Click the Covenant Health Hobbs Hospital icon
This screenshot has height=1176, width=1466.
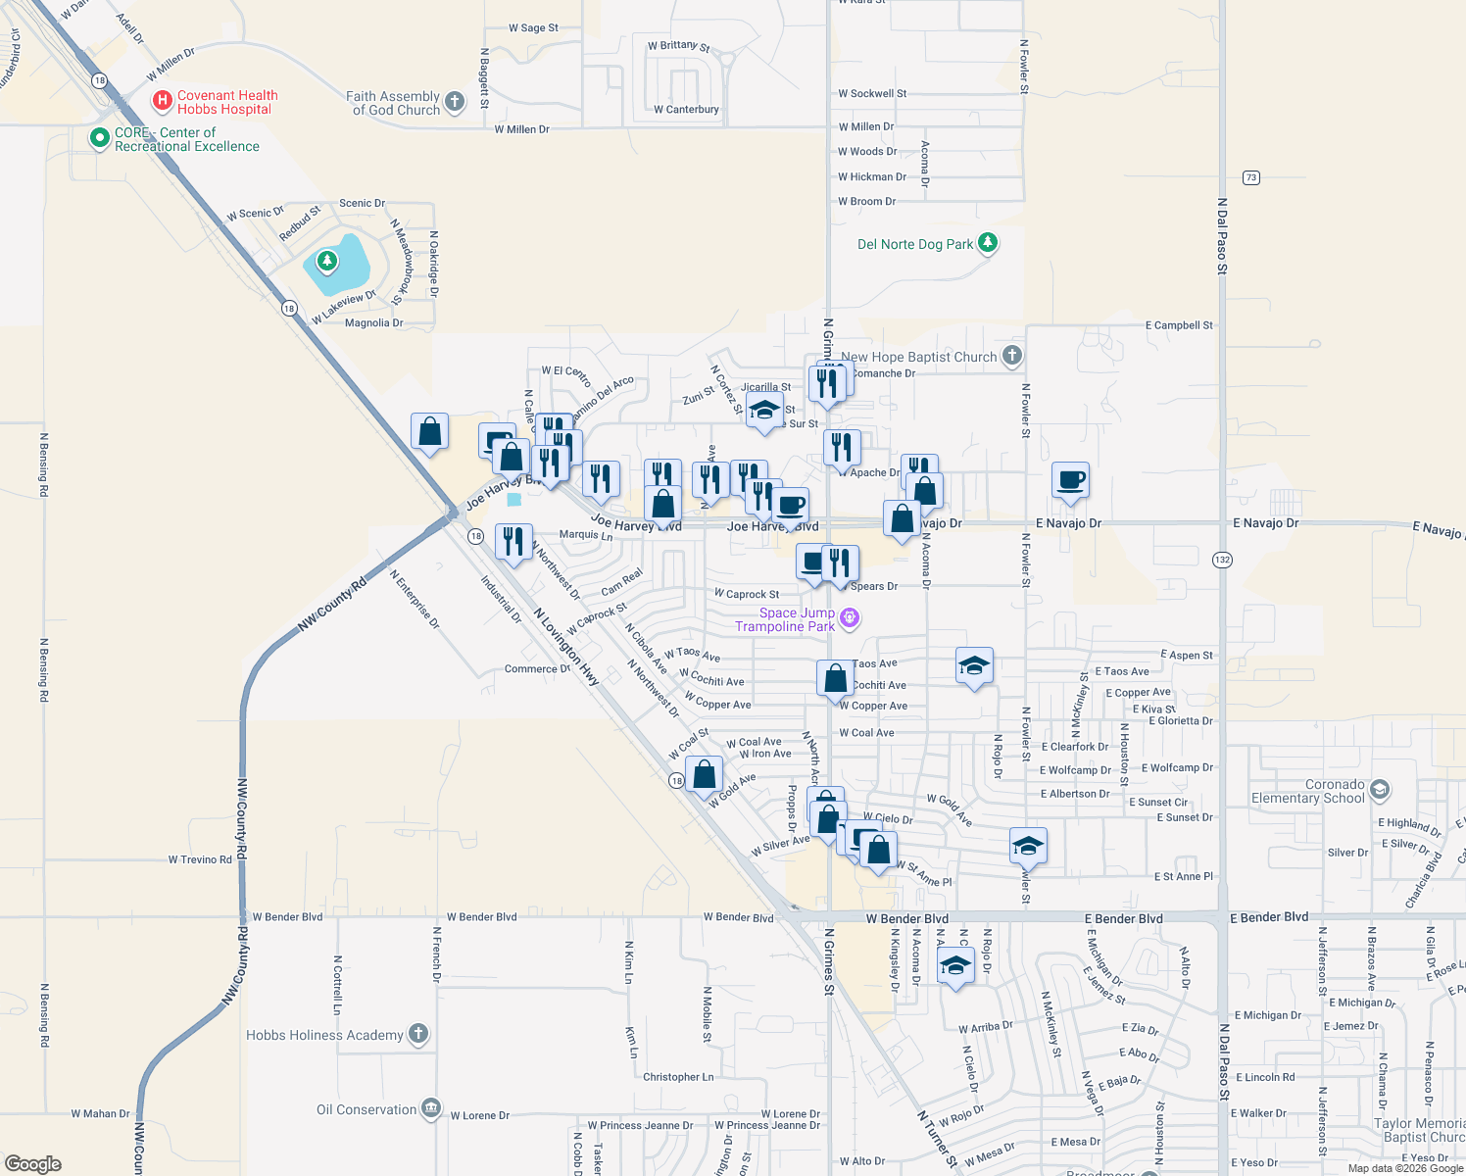[163, 101]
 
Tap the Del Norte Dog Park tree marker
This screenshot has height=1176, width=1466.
[988, 243]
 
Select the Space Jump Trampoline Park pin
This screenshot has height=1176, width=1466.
[850, 617]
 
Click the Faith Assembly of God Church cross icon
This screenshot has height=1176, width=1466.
[454, 102]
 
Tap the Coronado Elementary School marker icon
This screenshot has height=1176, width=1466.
[1380, 790]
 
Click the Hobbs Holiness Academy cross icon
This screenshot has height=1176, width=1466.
[418, 1034]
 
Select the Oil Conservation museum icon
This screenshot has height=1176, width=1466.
[431, 1108]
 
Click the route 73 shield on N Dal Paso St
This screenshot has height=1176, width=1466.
[1250, 177]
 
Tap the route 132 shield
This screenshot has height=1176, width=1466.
[1222, 560]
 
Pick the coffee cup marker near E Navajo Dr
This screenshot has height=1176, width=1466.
[1070, 480]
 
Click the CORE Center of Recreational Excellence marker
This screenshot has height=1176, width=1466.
[99, 138]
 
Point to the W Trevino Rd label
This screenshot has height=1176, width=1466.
[200, 859]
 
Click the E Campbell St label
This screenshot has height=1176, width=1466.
[1179, 325]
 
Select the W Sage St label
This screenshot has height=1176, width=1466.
[533, 28]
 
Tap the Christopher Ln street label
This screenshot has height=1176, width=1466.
[678, 1077]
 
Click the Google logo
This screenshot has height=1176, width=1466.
[32, 1163]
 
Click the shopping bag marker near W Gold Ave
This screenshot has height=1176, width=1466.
[704, 774]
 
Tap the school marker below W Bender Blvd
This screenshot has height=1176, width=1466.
[955, 965]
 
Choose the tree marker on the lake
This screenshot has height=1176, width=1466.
[327, 261]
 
